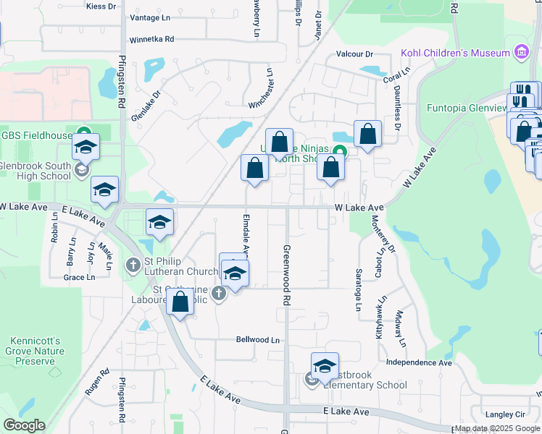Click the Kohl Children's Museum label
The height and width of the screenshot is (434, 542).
pyautogui.click(x=454, y=53)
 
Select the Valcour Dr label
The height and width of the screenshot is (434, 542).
pyautogui.click(x=354, y=54)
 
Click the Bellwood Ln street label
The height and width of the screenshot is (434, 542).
pyautogui.click(x=257, y=339)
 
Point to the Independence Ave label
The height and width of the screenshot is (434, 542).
pyautogui.click(x=419, y=362)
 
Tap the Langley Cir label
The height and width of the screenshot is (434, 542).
pyautogui.click(x=504, y=414)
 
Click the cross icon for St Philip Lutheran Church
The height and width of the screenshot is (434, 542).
pyautogui.click(x=133, y=265)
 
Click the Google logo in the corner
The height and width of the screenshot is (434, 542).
pyautogui.click(x=24, y=425)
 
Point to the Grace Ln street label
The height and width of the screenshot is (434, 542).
pyautogui.click(x=79, y=277)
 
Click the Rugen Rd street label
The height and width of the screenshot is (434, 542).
pyautogui.click(x=96, y=381)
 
